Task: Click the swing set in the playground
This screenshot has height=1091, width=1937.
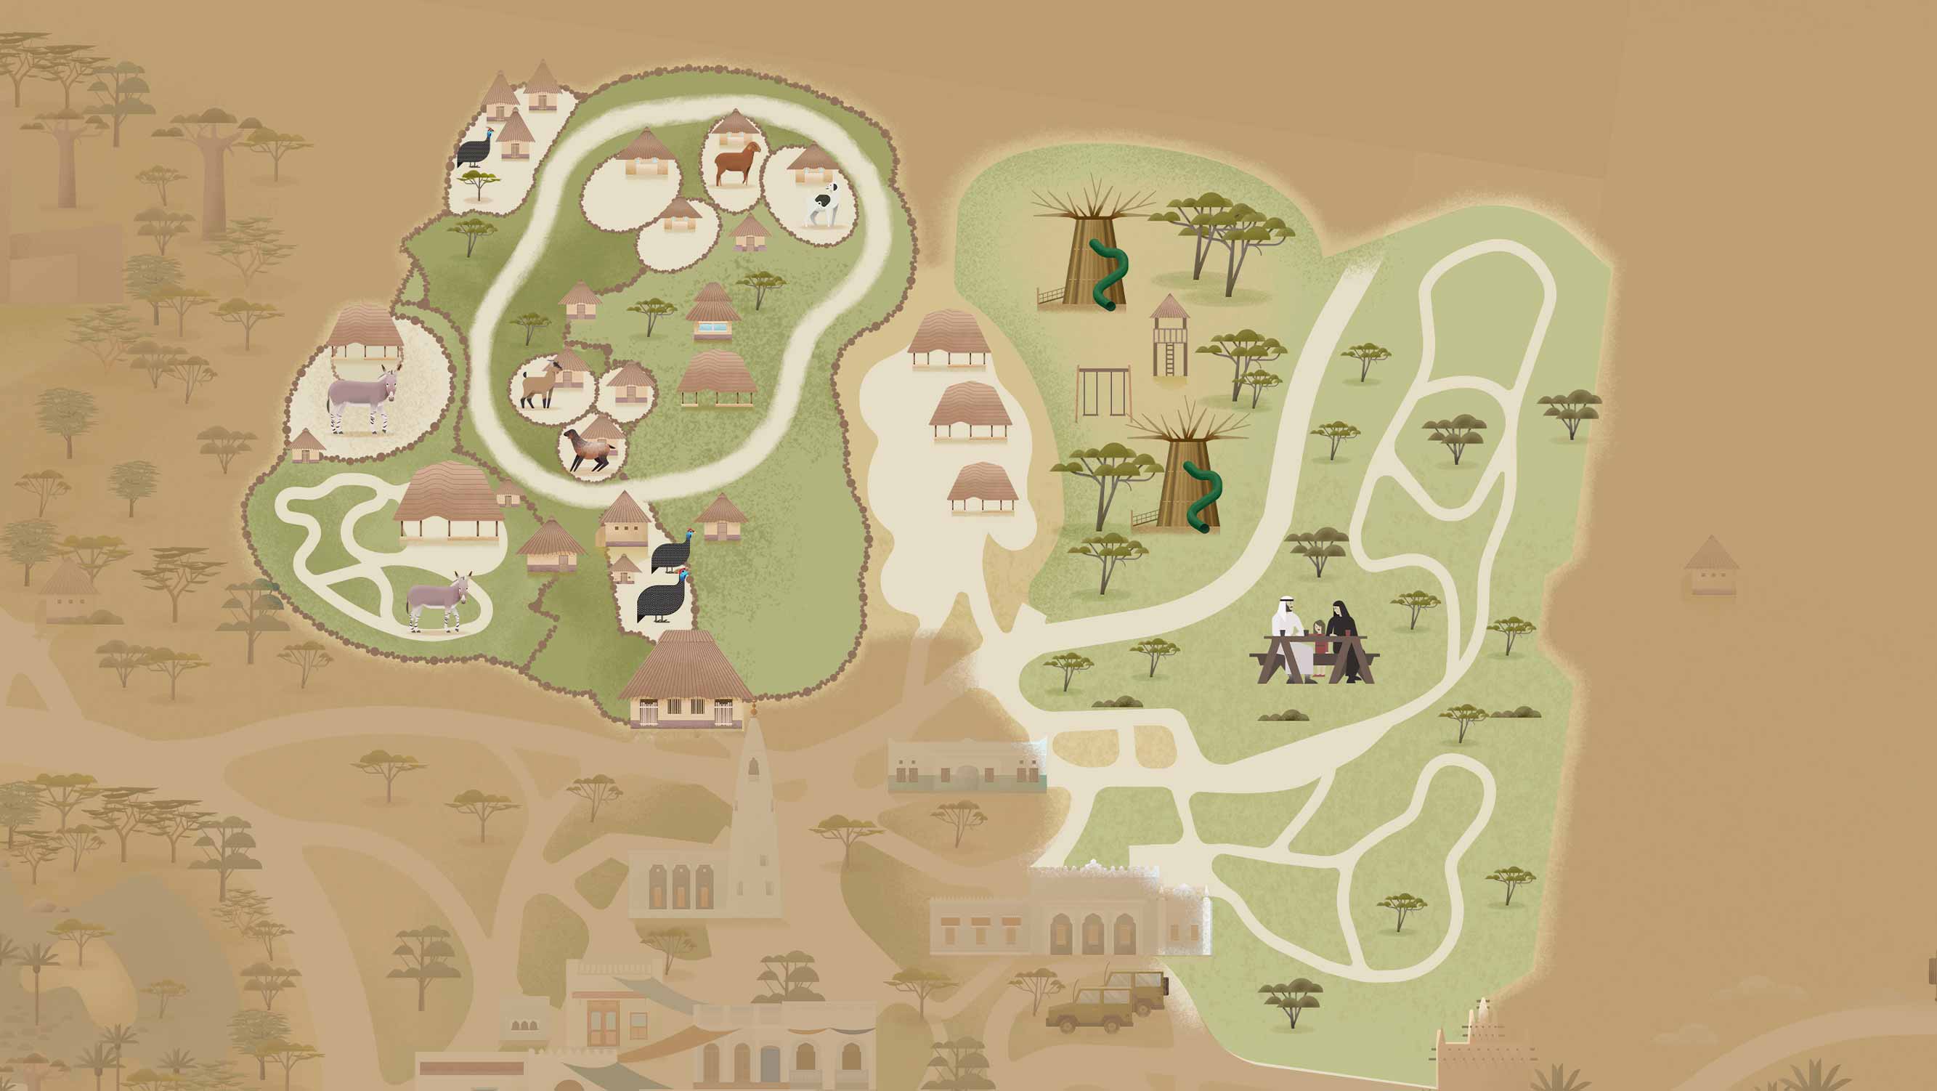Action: click(1103, 392)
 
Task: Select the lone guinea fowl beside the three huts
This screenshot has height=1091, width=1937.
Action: click(476, 150)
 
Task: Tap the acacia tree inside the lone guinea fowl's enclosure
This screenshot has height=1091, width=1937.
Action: click(477, 184)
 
